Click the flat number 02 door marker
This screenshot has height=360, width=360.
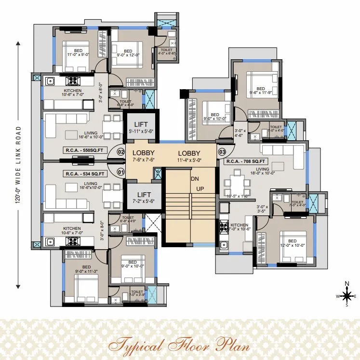121,152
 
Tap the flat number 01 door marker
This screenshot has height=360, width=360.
121,171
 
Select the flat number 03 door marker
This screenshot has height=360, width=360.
222,152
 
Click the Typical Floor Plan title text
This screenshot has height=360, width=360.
179,345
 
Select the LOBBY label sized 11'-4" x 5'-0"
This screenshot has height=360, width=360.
188,156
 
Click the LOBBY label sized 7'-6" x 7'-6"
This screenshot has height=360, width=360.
143,156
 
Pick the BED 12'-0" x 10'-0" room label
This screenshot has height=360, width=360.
292,243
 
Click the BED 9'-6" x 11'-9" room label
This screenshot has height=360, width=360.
260,91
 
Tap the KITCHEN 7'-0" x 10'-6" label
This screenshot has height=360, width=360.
239,227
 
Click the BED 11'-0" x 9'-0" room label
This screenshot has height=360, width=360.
79,52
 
